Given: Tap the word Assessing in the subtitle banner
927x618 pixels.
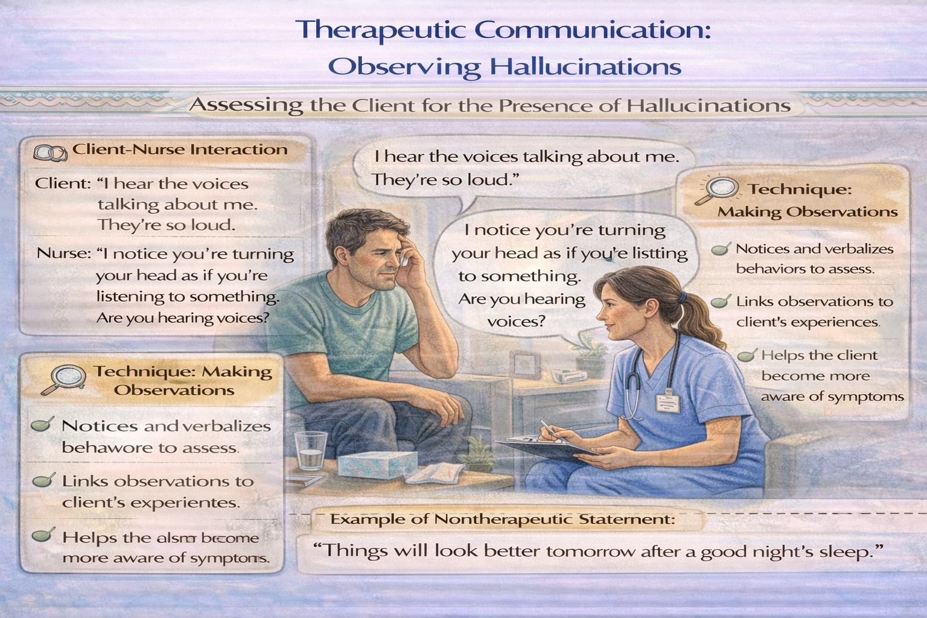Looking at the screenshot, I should click(x=246, y=106).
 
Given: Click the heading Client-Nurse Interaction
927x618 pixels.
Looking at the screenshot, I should click(x=180, y=150).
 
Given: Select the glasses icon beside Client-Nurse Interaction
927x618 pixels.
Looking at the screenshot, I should click(x=50, y=153).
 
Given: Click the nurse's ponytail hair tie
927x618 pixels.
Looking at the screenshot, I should click(x=683, y=298).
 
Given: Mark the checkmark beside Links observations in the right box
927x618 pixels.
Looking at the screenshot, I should click(x=721, y=302).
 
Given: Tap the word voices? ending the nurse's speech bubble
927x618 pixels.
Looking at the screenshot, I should click(x=516, y=321).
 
